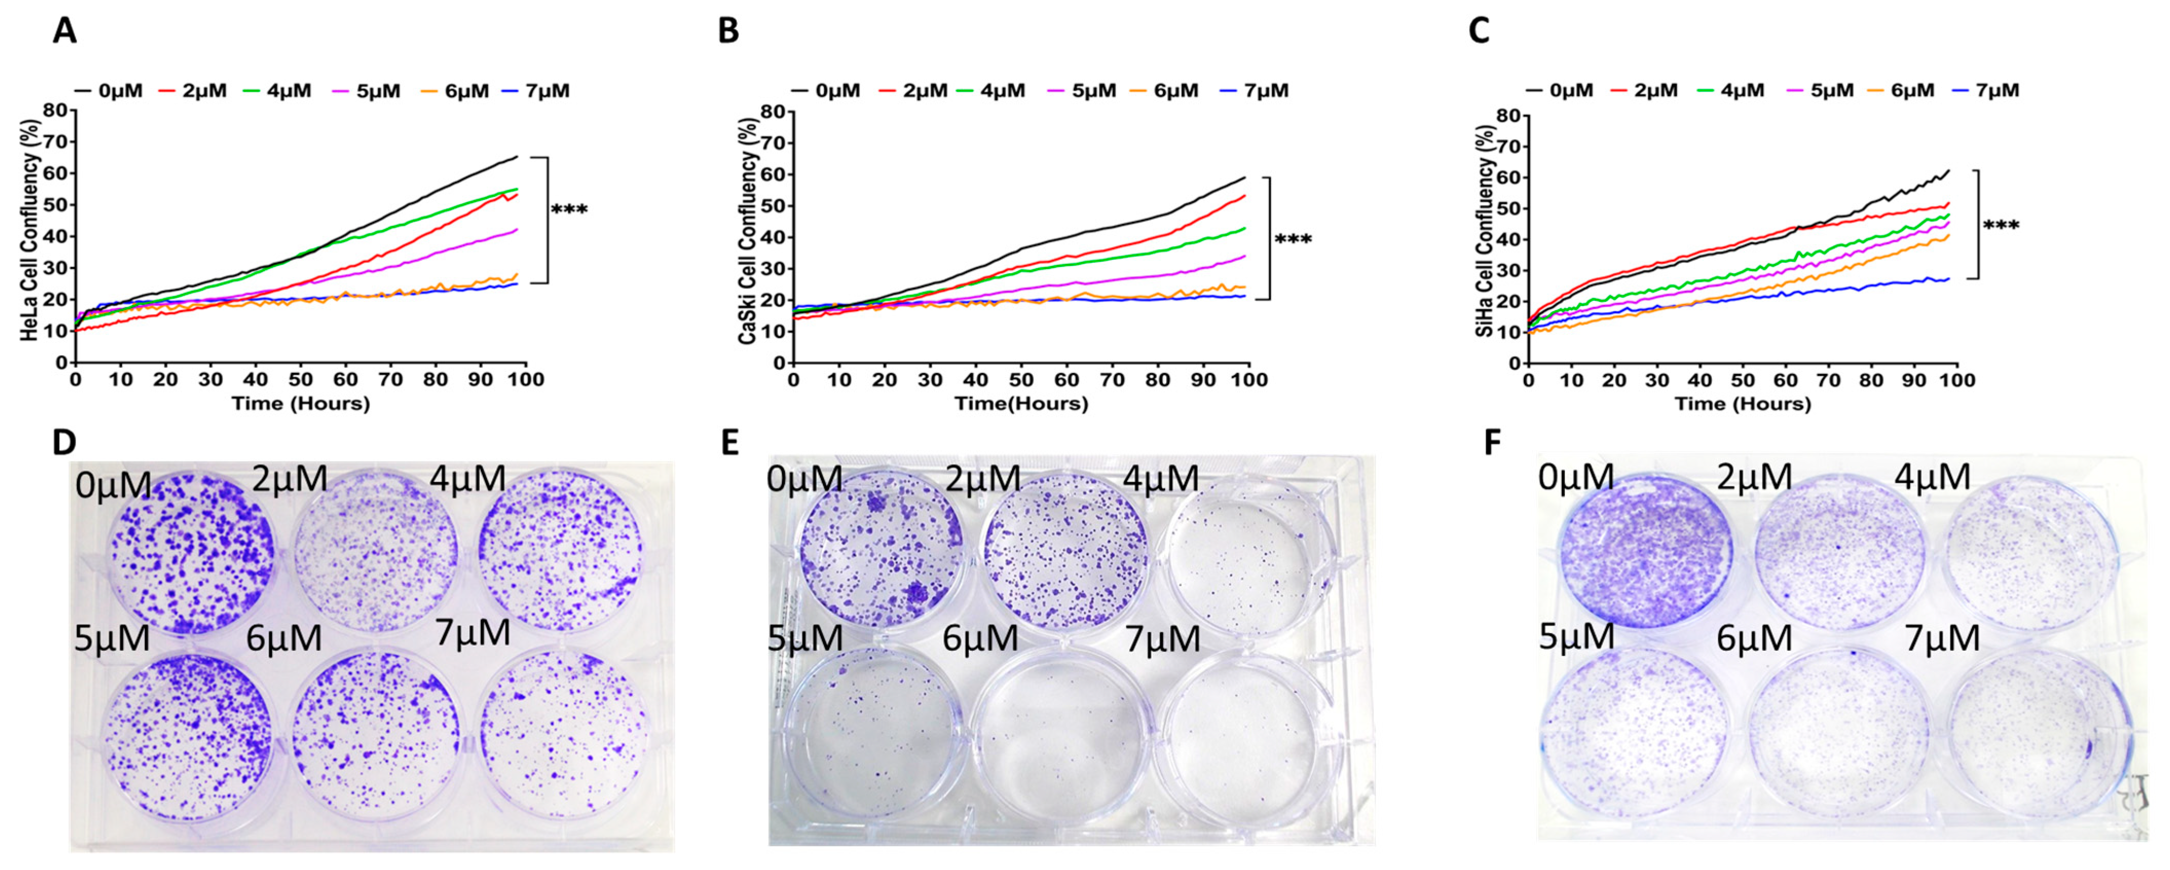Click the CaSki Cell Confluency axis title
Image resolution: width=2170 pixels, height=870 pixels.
pyautogui.click(x=746, y=237)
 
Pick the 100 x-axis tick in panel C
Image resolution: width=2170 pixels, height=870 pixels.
pyautogui.click(x=1956, y=380)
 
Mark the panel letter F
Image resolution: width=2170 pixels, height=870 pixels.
pyautogui.click(x=1492, y=443)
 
